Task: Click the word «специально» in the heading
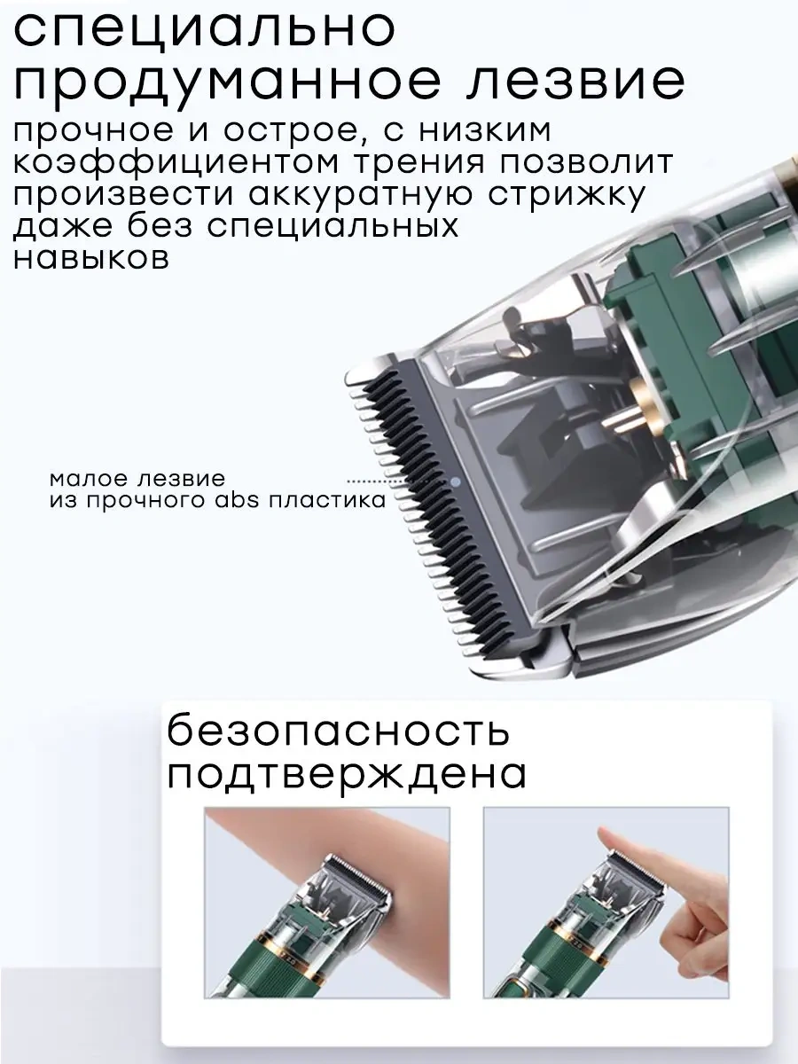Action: click(205, 29)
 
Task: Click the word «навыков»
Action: click(91, 258)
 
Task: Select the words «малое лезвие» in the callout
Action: click(137, 479)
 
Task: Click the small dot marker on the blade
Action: click(455, 482)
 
